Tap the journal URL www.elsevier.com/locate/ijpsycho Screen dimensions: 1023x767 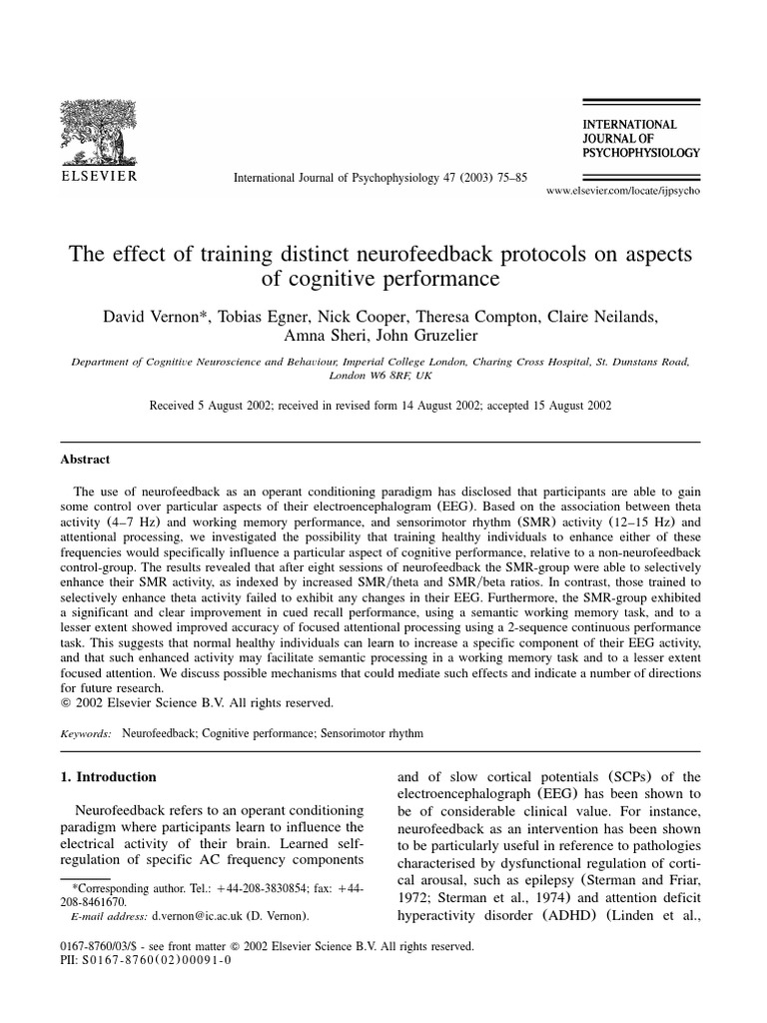(x=623, y=190)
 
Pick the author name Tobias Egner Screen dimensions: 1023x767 (x=256, y=317)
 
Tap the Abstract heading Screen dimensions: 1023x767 (x=86, y=460)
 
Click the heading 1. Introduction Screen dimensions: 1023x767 (x=109, y=776)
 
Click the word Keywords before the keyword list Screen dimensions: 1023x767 (x=88, y=732)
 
